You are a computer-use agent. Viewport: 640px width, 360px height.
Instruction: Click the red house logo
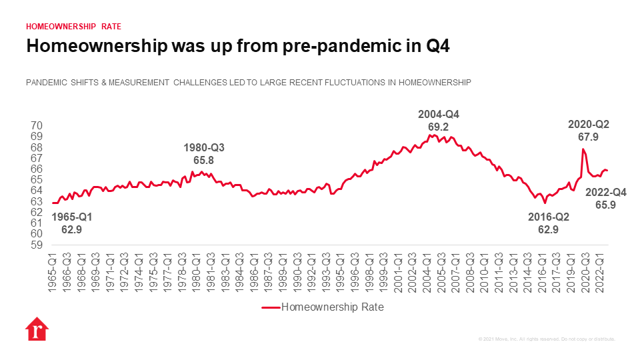(x=36, y=331)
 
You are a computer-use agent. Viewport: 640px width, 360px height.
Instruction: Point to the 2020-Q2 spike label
(x=588, y=131)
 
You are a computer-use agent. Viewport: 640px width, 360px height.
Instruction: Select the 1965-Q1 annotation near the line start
(x=72, y=223)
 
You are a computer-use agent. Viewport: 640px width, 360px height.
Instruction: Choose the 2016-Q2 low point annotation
(x=548, y=223)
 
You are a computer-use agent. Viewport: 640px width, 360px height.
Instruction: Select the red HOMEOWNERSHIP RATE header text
(x=73, y=27)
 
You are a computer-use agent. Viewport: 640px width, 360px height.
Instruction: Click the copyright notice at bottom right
(x=547, y=339)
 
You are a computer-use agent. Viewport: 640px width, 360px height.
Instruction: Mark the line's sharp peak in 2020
(x=583, y=149)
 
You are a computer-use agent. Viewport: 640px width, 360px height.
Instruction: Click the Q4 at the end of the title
(x=441, y=46)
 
